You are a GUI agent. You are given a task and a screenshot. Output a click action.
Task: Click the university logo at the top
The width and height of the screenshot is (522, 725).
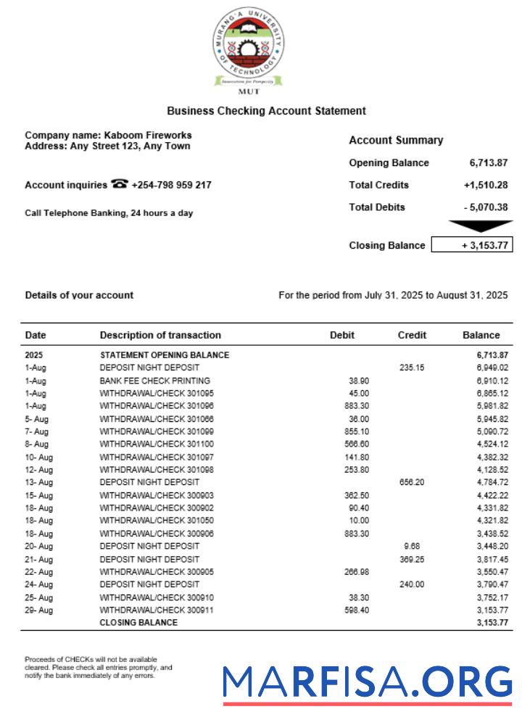tap(249, 49)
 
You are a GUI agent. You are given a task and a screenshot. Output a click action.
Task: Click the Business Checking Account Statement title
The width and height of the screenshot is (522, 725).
tap(266, 111)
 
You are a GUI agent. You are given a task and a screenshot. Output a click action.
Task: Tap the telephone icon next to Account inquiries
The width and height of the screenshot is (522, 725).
tap(120, 184)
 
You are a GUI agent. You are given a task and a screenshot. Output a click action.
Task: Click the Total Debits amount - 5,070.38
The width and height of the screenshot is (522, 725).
tap(486, 207)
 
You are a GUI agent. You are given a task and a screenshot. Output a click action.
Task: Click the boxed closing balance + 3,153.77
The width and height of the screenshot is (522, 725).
tap(472, 245)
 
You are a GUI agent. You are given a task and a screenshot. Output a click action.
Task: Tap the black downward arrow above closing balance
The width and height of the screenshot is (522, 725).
tap(480, 226)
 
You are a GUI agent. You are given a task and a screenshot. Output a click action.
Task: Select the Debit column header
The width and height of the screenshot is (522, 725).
tap(342, 335)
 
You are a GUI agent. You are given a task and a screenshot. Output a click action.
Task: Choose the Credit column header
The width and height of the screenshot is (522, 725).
tap(412, 335)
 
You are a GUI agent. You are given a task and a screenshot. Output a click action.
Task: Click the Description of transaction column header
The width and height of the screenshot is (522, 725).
tap(160, 335)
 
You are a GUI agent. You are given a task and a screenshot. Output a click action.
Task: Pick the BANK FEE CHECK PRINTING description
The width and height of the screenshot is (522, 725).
tap(154, 381)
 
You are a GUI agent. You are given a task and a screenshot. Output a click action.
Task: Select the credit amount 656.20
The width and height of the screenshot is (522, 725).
tap(412, 482)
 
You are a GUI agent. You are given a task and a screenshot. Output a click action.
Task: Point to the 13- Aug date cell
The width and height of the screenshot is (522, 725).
tap(38, 482)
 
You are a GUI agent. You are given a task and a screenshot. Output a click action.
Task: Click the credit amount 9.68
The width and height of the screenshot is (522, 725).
tap(412, 546)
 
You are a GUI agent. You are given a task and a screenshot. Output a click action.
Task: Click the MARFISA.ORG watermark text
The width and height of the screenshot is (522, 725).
tap(367, 683)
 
